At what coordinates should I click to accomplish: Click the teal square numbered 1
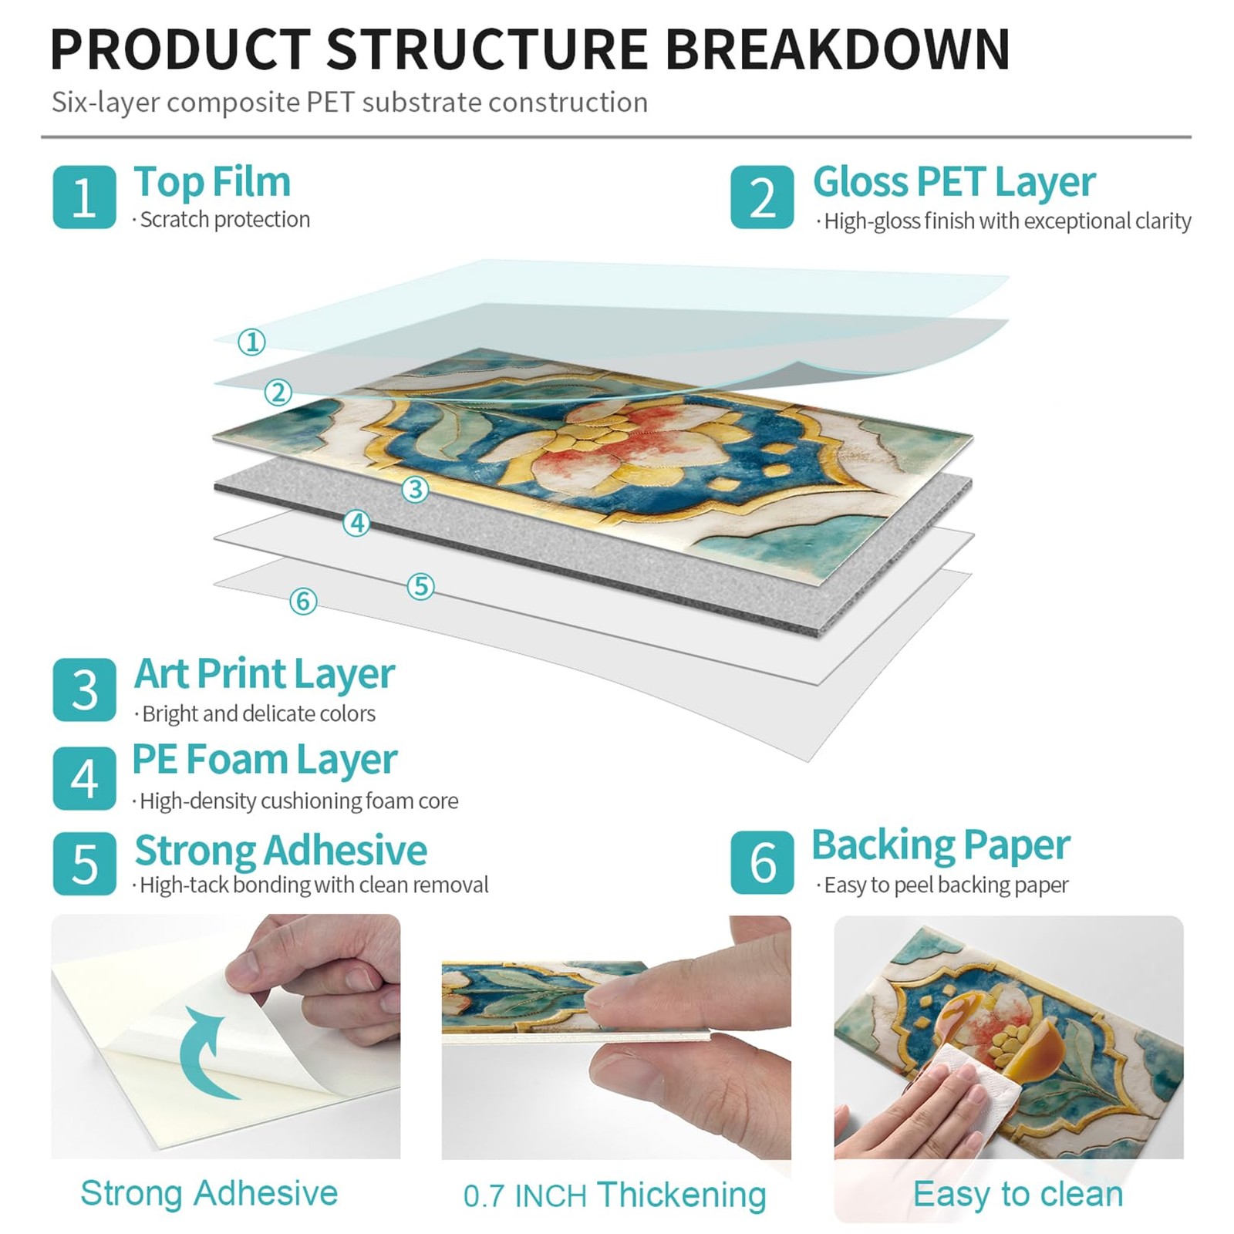click(84, 197)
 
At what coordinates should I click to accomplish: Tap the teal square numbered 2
click(762, 197)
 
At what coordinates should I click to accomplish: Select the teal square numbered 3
click(84, 689)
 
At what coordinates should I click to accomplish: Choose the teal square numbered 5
click(84, 863)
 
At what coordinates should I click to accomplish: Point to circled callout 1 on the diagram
click(251, 342)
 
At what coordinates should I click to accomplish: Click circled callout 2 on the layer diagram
click(278, 393)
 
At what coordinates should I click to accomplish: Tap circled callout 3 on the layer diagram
click(415, 489)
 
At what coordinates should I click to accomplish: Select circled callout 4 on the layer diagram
click(356, 524)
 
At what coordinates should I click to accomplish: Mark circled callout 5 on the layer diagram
click(420, 586)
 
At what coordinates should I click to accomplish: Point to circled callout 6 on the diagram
click(303, 601)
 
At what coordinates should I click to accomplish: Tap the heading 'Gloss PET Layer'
click(954, 183)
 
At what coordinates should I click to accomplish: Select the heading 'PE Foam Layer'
click(265, 760)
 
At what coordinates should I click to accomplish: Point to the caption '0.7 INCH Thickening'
click(615, 1195)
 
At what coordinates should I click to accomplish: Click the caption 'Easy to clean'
click(1017, 1194)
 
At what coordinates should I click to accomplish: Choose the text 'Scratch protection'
click(224, 220)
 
